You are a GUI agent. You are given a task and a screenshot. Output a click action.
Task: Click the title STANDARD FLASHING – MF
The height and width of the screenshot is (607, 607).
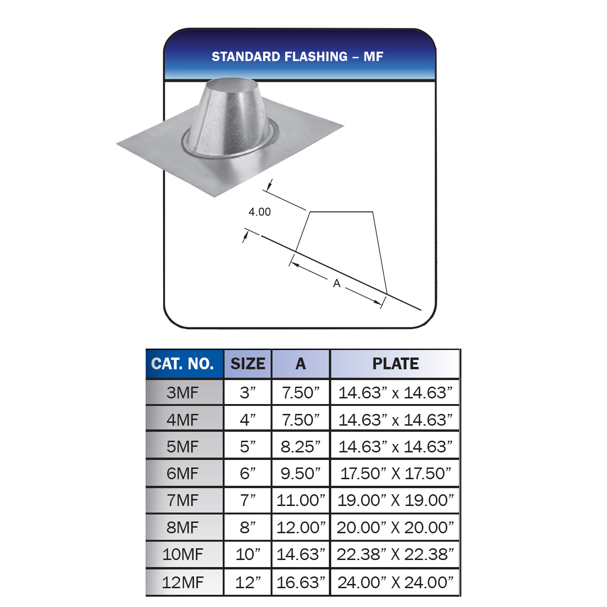point(297,57)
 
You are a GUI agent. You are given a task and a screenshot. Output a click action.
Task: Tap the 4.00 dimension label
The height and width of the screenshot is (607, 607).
point(259,212)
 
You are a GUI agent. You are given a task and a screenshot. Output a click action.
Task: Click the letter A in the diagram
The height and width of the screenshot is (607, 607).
point(336,283)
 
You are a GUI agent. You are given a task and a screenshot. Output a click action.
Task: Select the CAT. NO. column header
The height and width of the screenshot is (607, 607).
point(183,364)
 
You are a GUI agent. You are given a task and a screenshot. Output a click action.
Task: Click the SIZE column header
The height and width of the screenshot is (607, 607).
point(248,364)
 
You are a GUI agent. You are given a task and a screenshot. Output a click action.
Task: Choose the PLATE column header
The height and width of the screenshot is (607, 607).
point(395,364)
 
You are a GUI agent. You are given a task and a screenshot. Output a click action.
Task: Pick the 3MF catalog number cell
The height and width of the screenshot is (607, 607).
point(183,392)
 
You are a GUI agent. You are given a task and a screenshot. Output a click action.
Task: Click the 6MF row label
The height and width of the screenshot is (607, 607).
point(183,474)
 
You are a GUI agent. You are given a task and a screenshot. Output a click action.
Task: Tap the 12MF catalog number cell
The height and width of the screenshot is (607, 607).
point(183,583)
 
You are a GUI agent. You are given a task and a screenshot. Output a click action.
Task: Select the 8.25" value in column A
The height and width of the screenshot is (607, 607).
point(301,446)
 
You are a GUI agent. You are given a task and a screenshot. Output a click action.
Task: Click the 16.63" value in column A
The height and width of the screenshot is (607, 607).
point(301,583)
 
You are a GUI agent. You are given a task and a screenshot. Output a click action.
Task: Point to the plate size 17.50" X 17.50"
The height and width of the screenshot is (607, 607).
point(395,474)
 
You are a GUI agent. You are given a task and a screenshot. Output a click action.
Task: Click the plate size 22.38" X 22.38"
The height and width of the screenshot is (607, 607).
point(395,554)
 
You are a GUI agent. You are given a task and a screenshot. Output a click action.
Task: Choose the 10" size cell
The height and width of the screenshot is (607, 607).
point(248,554)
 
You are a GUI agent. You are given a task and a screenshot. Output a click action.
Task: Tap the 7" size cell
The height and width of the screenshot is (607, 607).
point(248,500)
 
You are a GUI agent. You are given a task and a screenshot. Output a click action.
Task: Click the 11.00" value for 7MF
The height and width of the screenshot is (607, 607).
point(301,500)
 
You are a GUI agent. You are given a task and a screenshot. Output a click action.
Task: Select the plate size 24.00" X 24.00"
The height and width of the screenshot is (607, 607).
point(395,583)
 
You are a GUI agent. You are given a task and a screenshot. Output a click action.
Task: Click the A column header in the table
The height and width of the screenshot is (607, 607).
point(301,364)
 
